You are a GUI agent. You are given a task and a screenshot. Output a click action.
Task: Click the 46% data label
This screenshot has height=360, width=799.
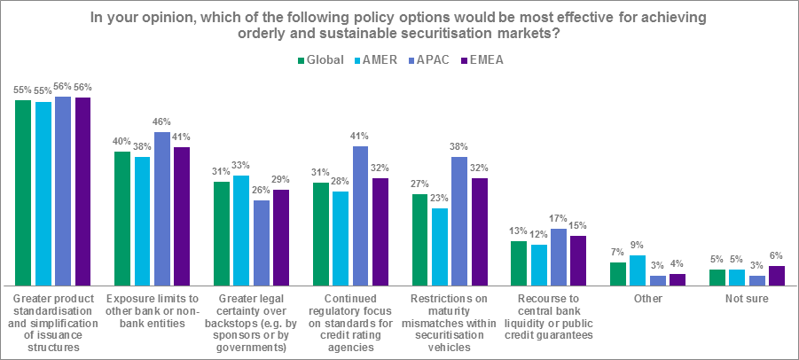point(162,122)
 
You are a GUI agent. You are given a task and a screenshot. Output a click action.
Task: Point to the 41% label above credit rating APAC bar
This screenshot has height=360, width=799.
point(361,137)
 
